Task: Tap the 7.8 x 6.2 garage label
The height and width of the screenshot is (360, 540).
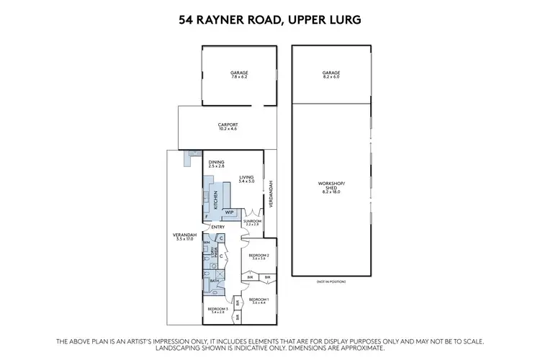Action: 238,74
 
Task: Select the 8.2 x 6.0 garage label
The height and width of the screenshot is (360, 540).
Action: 331,74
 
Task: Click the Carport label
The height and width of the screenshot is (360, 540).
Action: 228,127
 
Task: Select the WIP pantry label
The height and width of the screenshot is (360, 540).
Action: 229,212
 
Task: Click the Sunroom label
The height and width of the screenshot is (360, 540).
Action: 252,222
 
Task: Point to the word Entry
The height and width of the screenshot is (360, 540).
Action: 218,228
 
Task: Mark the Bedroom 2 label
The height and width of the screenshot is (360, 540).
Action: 258,257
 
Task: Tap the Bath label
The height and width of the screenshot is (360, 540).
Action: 214,281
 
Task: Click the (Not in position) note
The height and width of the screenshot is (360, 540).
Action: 330,282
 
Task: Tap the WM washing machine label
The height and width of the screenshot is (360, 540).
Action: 206,243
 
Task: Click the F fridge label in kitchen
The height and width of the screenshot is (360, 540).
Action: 207,217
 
